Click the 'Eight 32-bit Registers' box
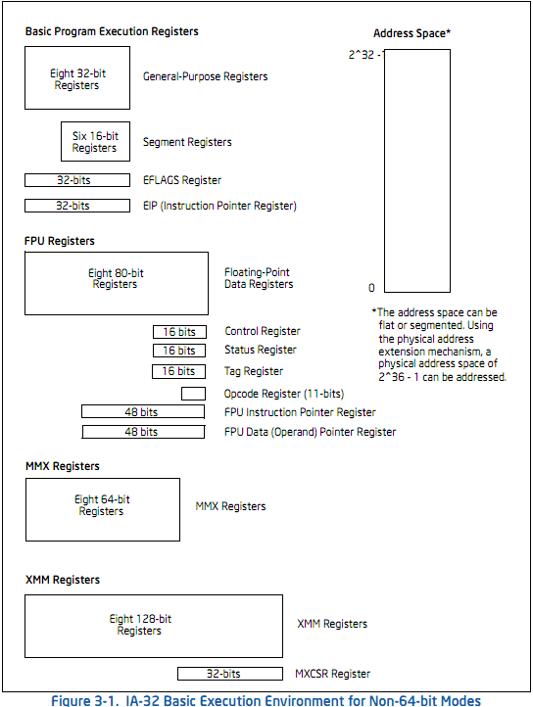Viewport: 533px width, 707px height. tap(77, 77)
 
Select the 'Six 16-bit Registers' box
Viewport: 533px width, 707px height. tap(95, 141)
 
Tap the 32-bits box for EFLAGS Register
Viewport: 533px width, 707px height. tap(77, 180)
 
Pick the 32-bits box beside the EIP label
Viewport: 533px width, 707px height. tap(77, 206)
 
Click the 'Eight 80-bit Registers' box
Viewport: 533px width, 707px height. tap(117, 283)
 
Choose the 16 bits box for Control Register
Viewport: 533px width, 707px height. tap(179, 332)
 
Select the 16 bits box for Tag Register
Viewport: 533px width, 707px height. tap(178, 371)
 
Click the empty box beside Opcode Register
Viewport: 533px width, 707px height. tap(193, 394)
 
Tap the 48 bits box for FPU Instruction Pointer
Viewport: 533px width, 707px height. tap(143, 411)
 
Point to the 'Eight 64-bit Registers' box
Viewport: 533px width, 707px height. tap(103, 509)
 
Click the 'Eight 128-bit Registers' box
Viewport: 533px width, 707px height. tap(154, 626)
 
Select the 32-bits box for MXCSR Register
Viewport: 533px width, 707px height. tap(230, 674)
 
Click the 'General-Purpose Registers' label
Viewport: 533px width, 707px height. tap(206, 76)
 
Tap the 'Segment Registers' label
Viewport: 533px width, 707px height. tap(187, 142)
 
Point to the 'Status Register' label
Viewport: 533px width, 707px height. tap(261, 350)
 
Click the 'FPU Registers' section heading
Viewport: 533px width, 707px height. tap(60, 241)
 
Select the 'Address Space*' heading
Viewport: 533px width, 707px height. tap(412, 33)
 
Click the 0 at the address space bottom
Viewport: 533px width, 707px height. tap(371, 288)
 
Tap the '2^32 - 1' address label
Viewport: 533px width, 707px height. tap(365, 55)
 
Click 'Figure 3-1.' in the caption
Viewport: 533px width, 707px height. tap(85, 701)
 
